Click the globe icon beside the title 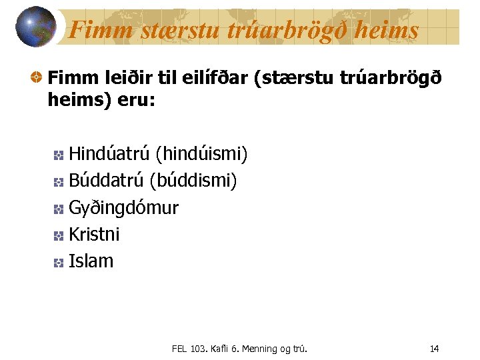point(36,27)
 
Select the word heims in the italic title point(390,30)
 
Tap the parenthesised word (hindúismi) point(201,155)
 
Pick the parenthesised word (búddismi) point(193,181)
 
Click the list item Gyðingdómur point(123,208)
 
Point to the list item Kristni point(94,234)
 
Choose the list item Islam point(91,261)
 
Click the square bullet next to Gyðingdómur point(58,209)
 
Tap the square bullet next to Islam point(58,262)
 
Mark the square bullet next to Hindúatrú point(58,156)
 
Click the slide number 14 point(434,349)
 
